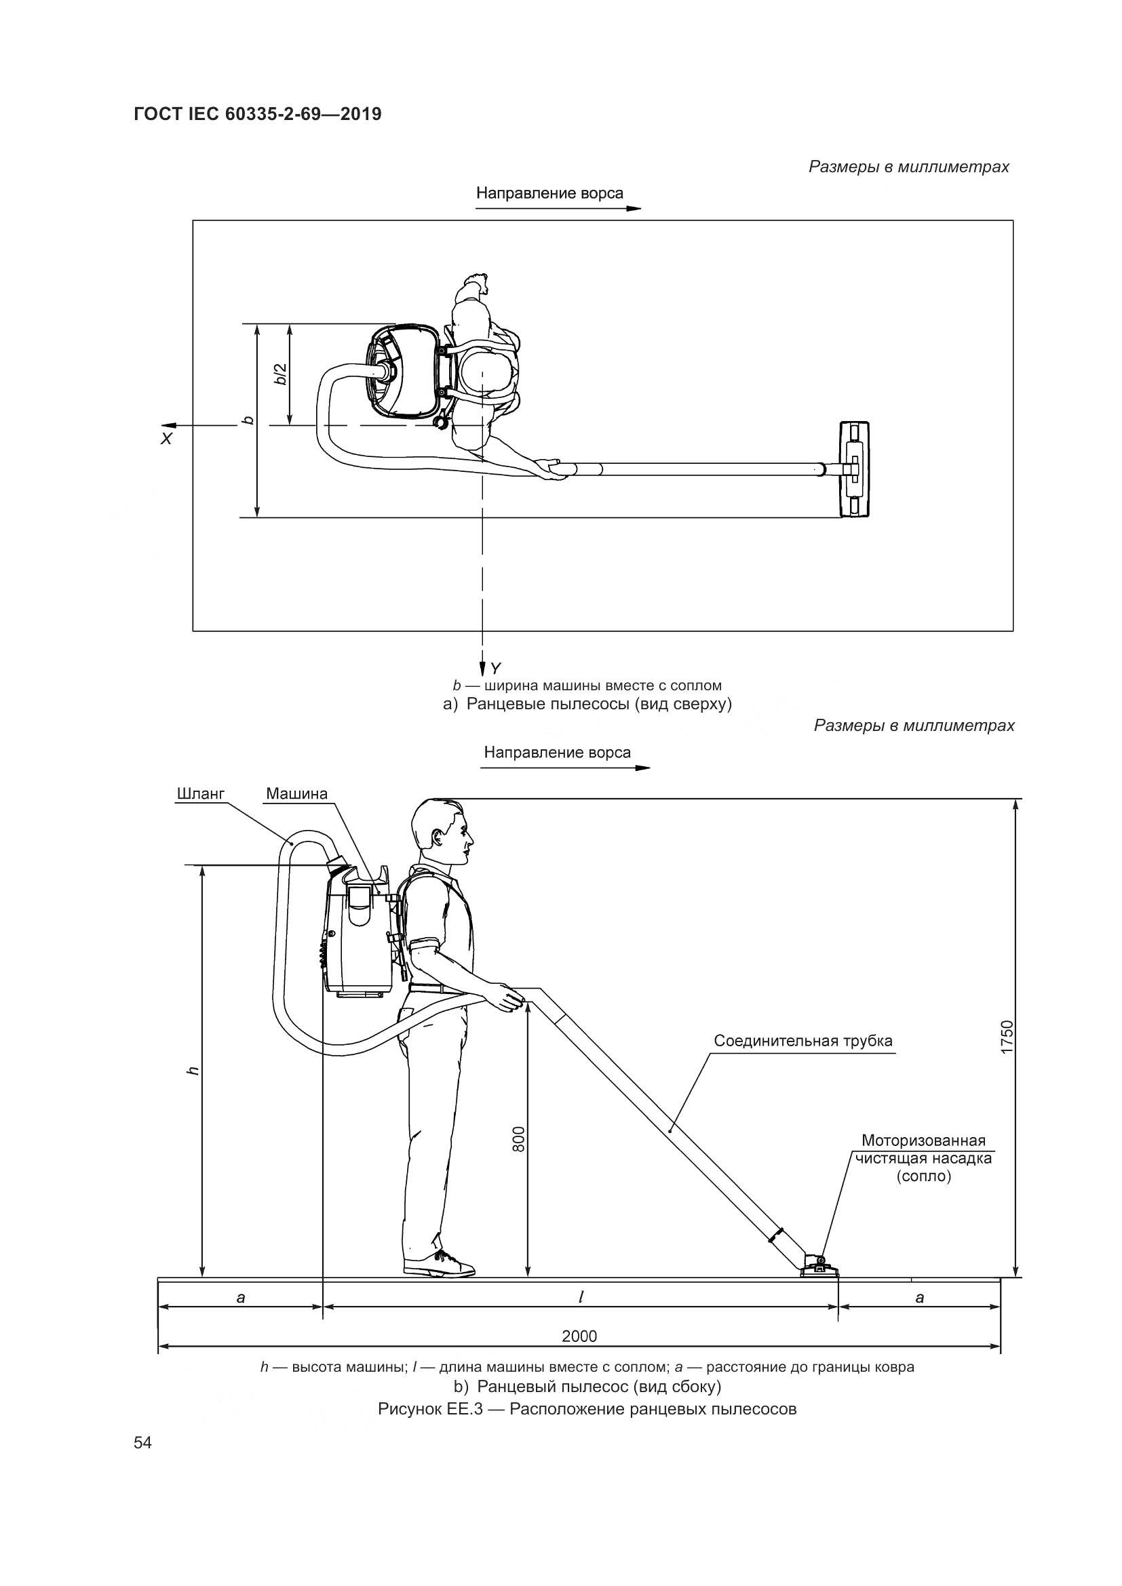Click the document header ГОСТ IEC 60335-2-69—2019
tap(257, 114)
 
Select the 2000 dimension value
tap(579, 1336)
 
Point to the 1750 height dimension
tap(1007, 1037)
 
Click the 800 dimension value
tap(519, 1138)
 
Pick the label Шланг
tap(201, 794)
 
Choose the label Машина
tap(297, 794)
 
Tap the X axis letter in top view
tap(166, 438)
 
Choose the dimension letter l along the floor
tap(581, 1297)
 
